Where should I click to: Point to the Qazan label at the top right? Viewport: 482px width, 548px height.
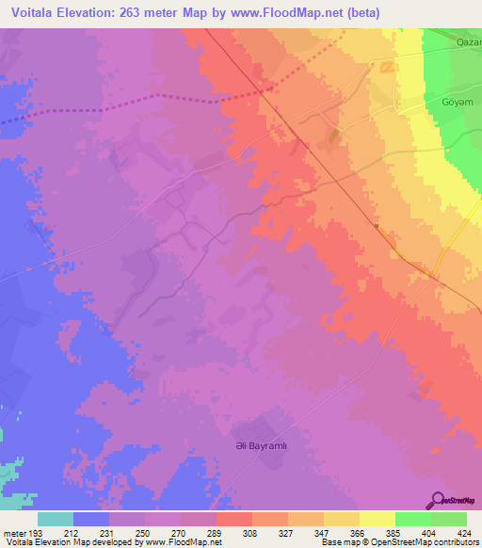(x=468, y=42)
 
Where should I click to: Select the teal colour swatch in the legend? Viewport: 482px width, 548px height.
(x=56, y=519)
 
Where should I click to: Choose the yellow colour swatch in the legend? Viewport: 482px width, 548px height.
(x=377, y=519)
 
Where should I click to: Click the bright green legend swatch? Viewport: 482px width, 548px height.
(x=412, y=519)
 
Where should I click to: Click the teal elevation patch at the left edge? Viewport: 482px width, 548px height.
(x=8, y=471)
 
